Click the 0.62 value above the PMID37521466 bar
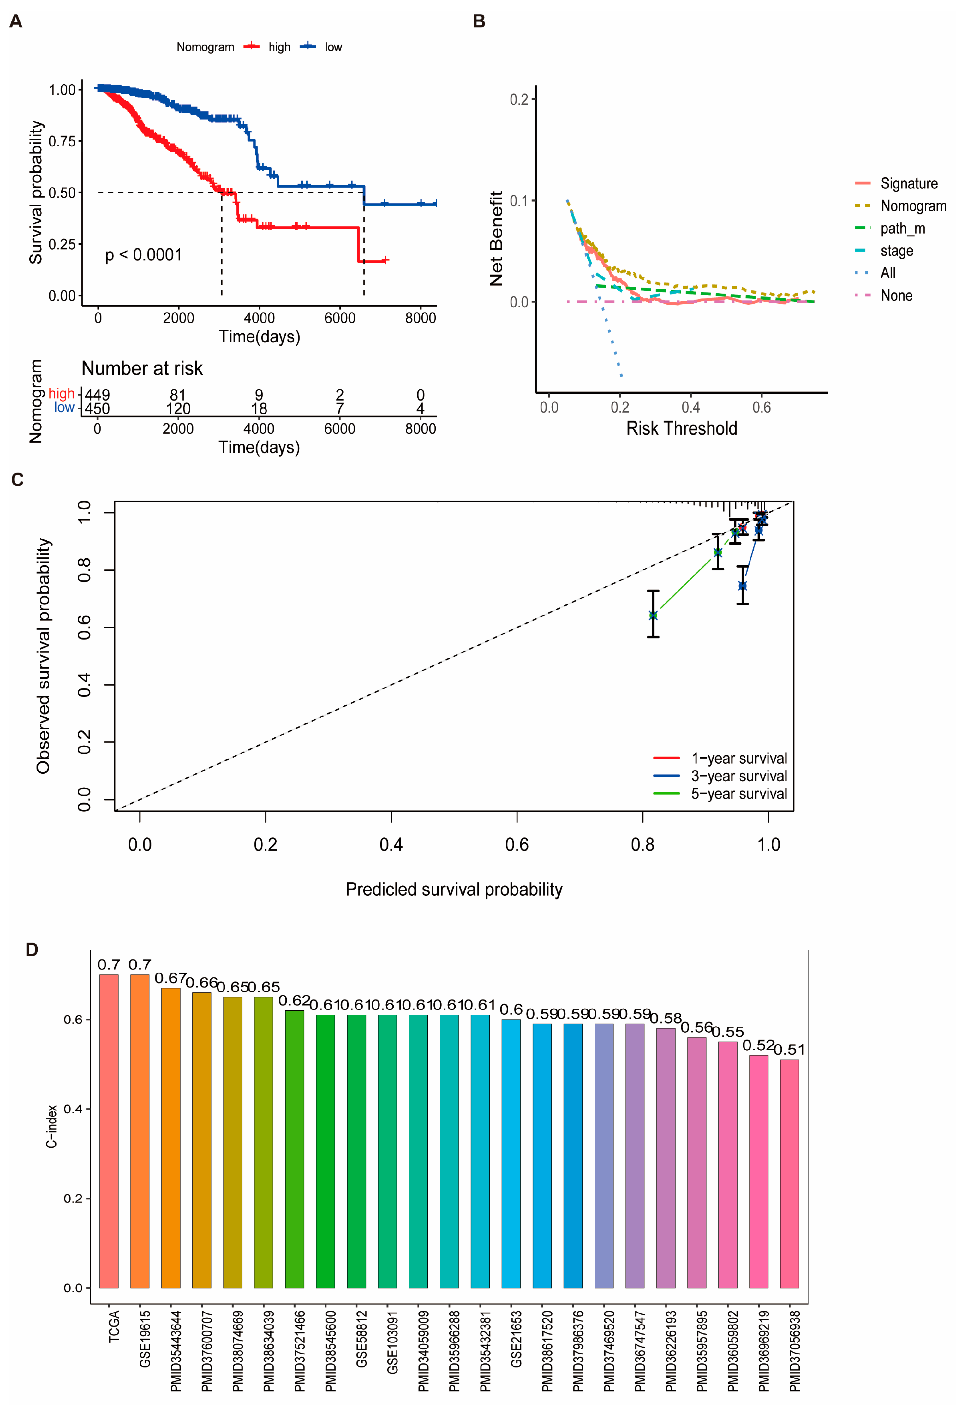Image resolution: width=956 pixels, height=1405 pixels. tap(295, 1001)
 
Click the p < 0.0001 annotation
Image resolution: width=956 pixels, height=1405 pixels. tap(144, 255)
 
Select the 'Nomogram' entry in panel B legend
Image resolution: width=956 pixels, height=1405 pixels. tap(913, 206)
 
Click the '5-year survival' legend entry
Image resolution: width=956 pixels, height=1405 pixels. tap(738, 794)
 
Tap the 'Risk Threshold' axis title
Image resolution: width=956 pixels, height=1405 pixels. tap(681, 429)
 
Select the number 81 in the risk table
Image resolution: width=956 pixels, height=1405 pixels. tap(178, 396)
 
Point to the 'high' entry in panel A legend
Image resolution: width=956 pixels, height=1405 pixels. tap(279, 47)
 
